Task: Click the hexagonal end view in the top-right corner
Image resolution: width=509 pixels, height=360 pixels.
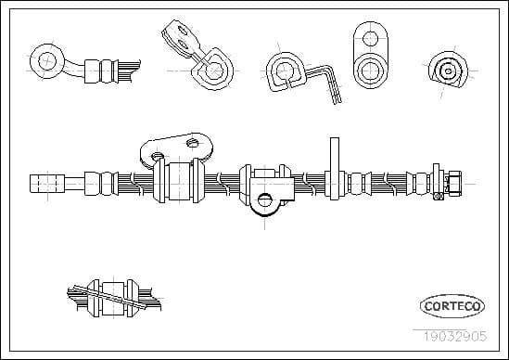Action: tap(448, 70)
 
